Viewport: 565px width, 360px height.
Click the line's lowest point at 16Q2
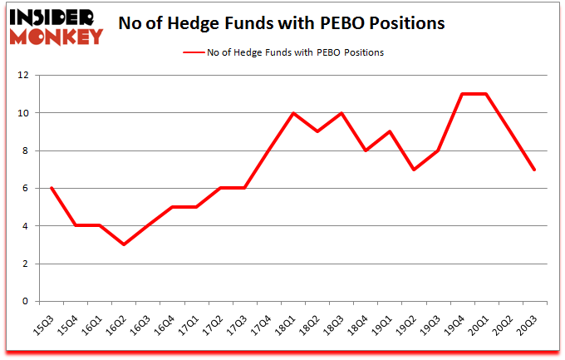point(124,244)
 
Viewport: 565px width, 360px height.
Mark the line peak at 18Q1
point(292,113)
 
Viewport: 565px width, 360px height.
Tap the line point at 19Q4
point(461,94)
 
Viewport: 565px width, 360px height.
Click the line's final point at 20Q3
point(534,170)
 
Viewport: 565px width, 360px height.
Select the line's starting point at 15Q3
point(52,188)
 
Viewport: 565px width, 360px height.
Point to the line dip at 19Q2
point(414,170)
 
